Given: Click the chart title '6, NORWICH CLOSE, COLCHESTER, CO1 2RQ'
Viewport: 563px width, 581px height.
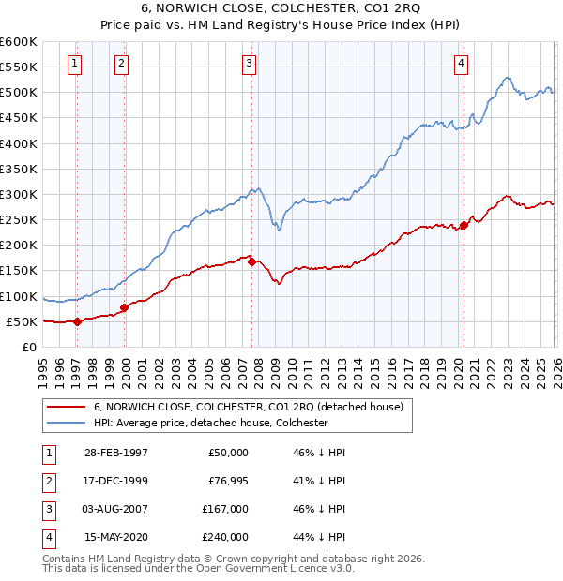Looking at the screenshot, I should click(281, 8).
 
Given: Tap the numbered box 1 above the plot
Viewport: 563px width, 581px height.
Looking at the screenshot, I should click(74, 64).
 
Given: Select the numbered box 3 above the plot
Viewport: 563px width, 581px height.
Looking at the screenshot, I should click(249, 64).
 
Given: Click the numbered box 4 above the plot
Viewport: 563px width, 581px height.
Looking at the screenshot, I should click(462, 64).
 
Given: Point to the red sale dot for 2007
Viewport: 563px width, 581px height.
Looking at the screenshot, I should click(251, 262).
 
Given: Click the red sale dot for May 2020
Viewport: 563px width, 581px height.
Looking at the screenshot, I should click(464, 225).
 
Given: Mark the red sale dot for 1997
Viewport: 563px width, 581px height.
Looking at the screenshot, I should click(78, 321).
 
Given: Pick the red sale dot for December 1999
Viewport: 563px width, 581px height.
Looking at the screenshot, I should click(124, 307).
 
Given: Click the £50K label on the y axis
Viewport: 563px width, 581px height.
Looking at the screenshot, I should click(22, 321).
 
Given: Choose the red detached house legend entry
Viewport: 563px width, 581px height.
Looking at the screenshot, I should click(248, 407).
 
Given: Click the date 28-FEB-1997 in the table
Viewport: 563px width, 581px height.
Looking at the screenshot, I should click(115, 453).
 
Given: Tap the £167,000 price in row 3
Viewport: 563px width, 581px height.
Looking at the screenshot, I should click(224, 509).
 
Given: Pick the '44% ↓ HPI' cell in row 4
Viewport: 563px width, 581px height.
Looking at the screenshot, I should click(320, 537).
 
